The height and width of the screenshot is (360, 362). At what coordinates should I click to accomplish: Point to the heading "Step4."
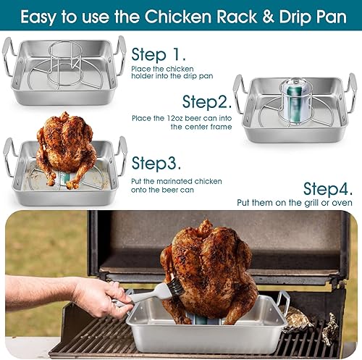(329, 189)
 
